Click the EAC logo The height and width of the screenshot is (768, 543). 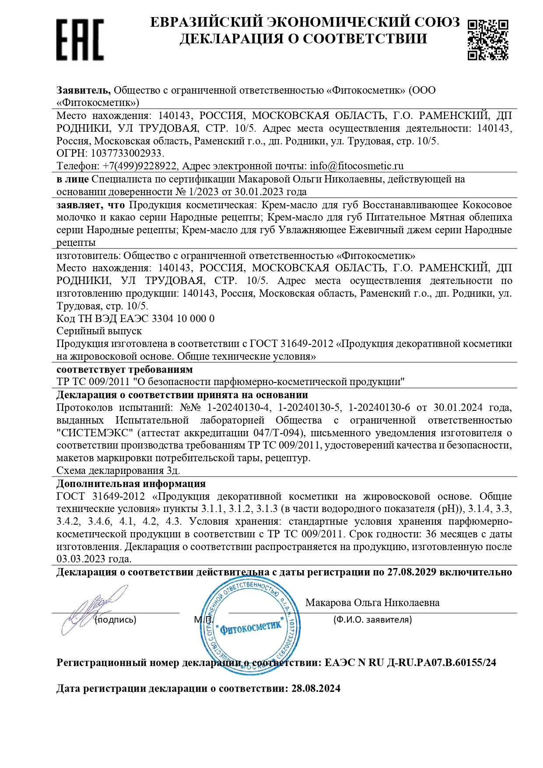pyautogui.click(x=80, y=39)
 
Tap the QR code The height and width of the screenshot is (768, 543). pyautogui.click(x=487, y=39)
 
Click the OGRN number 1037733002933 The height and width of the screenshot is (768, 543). pyautogui.click(x=126, y=154)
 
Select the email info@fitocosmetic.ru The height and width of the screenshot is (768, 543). pyautogui.click(x=356, y=166)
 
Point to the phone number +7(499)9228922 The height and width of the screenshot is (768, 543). pyautogui.click(x=140, y=166)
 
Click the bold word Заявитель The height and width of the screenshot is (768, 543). pyautogui.click(x=83, y=90)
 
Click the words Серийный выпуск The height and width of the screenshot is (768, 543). pyautogui.click(x=99, y=331)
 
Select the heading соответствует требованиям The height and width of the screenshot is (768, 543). pyautogui.click(x=125, y=369)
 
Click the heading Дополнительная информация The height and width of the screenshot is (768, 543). pyautogui.click(x=131, y=484)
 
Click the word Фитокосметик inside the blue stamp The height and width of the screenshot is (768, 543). pyautogui.click(x=251, y=628)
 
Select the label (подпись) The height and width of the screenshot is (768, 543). pyautogui.click(x=116, y=620)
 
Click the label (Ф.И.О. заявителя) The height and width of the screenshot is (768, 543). pyautogui.click(x=372, y=620)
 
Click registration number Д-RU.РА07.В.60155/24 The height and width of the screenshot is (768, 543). pyautogui.click(x=442, y=663)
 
